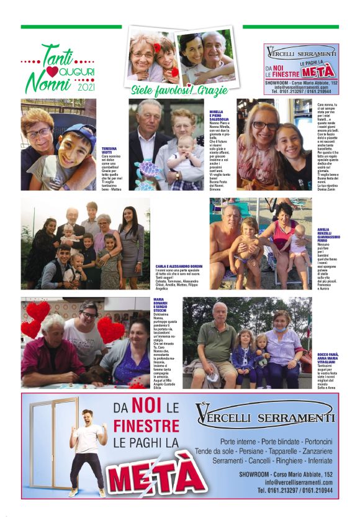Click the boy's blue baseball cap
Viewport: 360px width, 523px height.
click(x=75, y=133)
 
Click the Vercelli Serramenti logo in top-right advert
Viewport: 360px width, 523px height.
click(x=301, y=53)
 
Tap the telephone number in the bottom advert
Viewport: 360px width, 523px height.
click(x=297, y=491)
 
